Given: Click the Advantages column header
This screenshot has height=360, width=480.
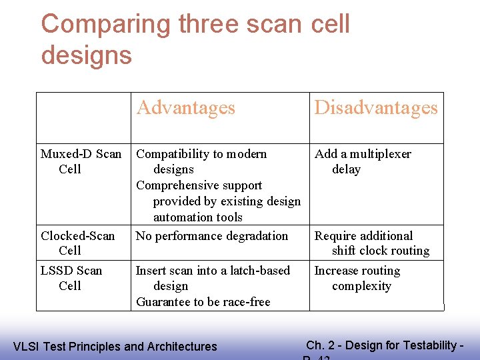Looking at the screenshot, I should (x=185, y=108).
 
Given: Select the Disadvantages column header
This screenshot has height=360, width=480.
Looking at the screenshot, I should (x=376, y=108).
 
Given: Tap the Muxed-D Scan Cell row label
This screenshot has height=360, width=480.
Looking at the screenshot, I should (x=81, y=161).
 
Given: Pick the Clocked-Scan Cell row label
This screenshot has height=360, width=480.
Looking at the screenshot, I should (x=77, y=243).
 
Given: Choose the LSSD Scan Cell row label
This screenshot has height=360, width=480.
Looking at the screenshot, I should (x=71, y=278).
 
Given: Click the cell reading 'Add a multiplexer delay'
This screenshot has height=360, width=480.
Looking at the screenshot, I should (x=363, y=161).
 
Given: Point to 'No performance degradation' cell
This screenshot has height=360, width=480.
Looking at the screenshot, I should (x=212, y=236).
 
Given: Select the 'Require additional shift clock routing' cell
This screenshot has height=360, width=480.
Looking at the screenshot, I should (x=371, y=243).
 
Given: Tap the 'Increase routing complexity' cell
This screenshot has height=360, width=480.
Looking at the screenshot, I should (x=357, y=278).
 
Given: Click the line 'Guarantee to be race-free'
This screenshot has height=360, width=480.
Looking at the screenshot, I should (x=203, y=302).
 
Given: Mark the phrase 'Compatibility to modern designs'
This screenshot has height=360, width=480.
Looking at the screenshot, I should (x=201, y=161).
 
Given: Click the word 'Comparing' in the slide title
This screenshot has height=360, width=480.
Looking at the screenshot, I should (x=106, y=25).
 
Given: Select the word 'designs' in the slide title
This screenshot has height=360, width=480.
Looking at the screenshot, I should (x=86, y=55).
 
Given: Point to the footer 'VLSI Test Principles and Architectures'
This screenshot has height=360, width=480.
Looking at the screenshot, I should (x=115, y=347).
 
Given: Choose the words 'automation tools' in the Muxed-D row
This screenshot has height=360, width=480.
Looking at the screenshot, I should (x=198, y=217).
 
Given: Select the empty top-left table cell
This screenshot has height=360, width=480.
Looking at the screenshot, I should (x=83, y=118).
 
